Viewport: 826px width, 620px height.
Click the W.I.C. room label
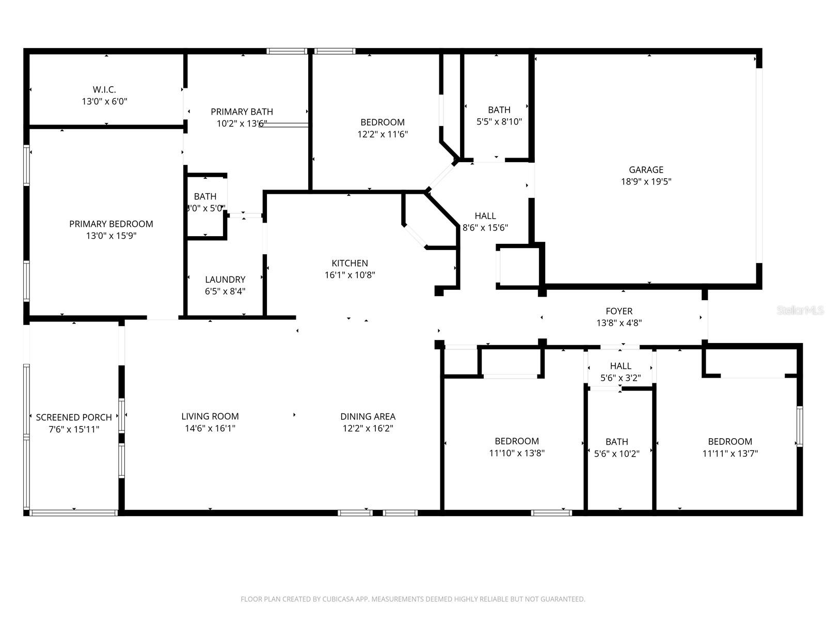(x=104, y=90)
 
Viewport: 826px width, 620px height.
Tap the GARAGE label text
(x=646, y=169)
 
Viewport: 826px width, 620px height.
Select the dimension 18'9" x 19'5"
(x=646, y=182)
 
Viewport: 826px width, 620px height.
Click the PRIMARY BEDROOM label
(x=111, y=224)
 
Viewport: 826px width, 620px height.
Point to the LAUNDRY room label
(x=225, y=280)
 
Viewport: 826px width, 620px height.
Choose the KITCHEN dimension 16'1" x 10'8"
(x=350, y=275)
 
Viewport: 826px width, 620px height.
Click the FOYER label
(x=619, y=311)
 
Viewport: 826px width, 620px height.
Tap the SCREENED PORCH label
(x=74, y=417)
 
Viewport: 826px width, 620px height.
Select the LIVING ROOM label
(x=210, y=416)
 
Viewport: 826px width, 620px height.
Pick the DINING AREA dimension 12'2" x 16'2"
(x=368, y=428)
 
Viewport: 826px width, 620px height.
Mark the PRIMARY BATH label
(x=242, y=112)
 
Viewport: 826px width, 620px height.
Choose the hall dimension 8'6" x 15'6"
(x=485, y=228)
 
